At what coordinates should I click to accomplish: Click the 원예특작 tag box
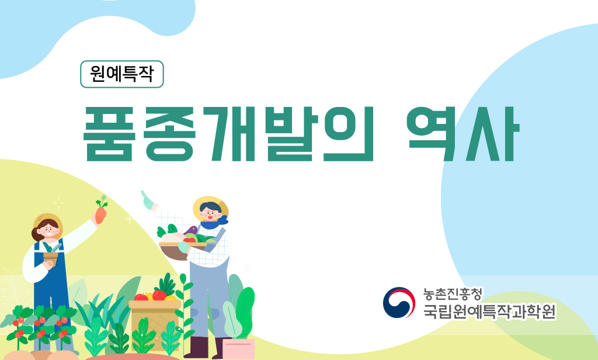(x=121, y=74)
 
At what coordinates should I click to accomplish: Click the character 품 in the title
(x=108, y=133)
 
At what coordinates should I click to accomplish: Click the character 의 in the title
(x=348, y=134)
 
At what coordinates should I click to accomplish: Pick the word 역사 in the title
(x=463, y=134)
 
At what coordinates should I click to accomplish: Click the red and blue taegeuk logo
(x=399, y=302)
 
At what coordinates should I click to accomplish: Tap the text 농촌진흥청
(x=453, y=294)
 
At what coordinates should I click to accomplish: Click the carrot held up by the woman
(x=100, y=210)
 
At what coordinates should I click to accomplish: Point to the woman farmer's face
(x=48, y=230)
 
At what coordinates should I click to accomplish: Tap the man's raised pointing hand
(x=147, y=200)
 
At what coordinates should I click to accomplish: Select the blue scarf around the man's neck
(x=214, y=222)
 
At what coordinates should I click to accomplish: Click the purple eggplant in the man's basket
(x=191, y=231)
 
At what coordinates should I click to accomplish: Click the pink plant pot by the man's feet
(x=238, y=348)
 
